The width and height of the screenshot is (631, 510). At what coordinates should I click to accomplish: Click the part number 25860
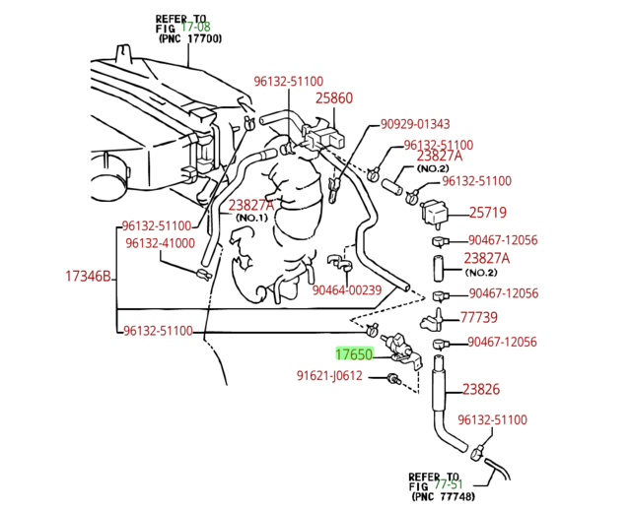[x=333, y=98]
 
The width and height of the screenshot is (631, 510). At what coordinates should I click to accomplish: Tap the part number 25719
[x=487, y=212]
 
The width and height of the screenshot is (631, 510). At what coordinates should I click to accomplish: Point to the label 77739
[x=479, y=317]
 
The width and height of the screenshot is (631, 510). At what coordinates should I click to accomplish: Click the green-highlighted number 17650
[x=353, y=353]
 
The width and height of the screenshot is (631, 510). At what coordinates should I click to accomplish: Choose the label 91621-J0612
[x=329, y=375]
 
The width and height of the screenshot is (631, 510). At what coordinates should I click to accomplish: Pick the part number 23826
[x=481, y=389]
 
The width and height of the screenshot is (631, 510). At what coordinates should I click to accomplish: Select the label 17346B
[x=88, y=277]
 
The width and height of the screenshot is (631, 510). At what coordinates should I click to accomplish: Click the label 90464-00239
[x=346, y=290]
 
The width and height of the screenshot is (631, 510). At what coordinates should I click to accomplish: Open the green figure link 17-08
[x=195, y=29]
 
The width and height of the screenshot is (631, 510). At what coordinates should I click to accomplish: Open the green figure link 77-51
[x=449, y=484]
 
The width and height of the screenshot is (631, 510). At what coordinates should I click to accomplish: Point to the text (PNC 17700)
[x=189, y=39]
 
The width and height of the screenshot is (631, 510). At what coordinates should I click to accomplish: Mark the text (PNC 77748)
[x=442, y=496]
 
